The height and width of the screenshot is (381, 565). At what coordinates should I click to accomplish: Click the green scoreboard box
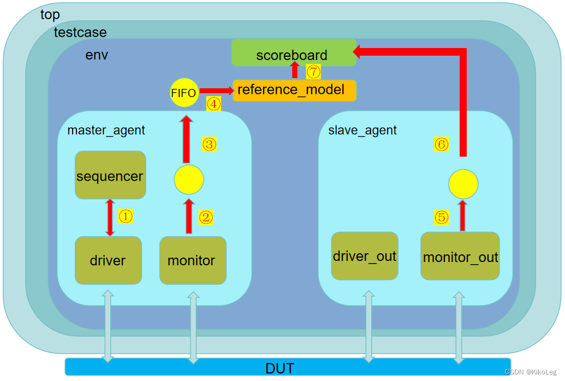click(294, 53)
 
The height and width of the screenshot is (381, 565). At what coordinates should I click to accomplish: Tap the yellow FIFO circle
click(183, 93)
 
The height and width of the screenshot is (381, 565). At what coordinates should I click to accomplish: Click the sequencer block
click(110, 175)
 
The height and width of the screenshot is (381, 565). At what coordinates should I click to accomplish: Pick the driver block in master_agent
click(108, 260)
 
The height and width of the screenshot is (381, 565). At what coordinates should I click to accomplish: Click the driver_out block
click(365, 256)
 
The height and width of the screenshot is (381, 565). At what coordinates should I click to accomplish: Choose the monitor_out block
click(460, 256)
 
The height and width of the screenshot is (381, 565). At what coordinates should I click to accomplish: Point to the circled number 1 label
click(126, 217)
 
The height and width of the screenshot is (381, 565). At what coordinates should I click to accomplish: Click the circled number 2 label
click(206, 217)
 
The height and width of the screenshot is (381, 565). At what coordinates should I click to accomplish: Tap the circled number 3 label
click(210, 144)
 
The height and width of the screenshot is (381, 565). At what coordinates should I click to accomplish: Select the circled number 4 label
click(213, 104)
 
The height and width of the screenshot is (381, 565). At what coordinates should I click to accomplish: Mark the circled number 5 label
click(441, 217)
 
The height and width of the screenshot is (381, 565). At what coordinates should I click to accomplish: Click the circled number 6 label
click(441, 144)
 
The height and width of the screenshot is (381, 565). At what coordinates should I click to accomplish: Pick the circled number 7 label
click(313, 71)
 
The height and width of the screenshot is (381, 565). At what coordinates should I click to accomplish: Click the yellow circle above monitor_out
click(463, 184)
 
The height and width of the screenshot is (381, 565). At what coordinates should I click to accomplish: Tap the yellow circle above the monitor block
click(189, 179)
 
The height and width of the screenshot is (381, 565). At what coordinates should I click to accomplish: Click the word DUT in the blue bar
click(279, 368)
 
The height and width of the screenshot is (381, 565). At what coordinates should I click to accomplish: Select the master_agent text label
click(106, 130)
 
